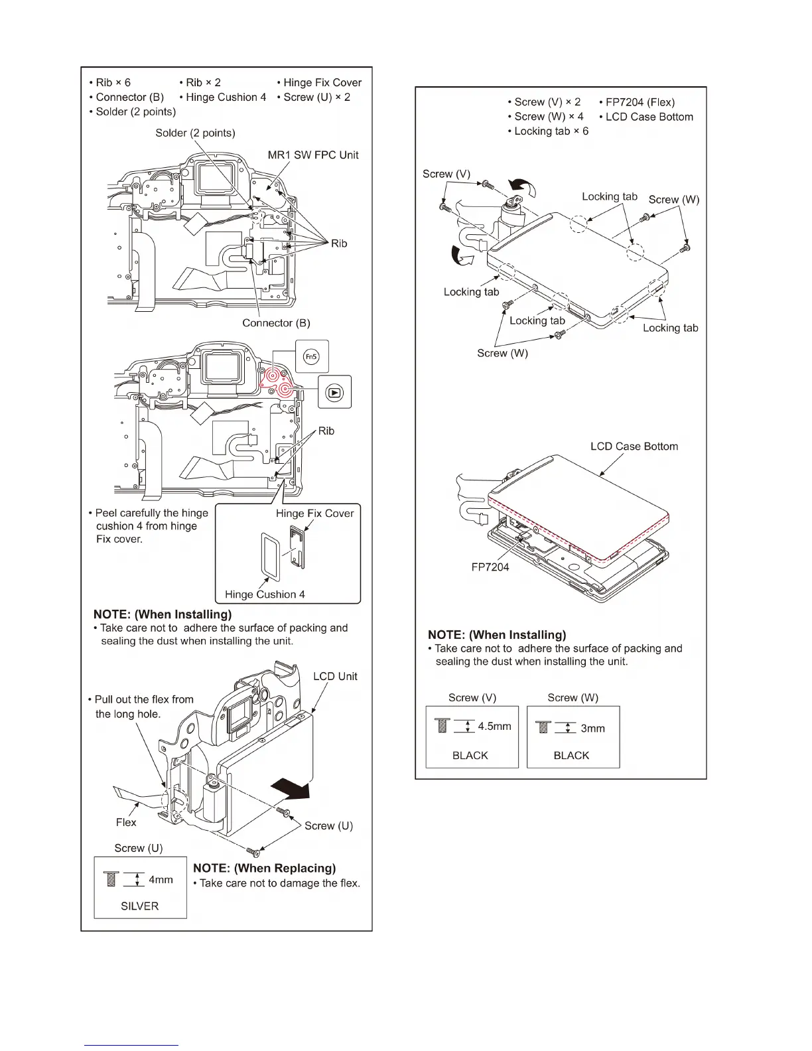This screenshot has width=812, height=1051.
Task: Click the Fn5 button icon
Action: tap(311, 357)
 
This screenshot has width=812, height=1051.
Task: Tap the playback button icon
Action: tap(335, 392)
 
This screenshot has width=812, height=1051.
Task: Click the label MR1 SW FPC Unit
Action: tap(312, 155)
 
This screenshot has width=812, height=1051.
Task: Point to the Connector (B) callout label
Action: tap(276, 323)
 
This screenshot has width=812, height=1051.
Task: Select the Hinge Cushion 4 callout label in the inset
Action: tap(265, 595)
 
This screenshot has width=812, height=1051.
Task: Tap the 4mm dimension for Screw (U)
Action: tap(161, 880)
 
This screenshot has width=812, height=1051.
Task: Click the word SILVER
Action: tap(139, 906)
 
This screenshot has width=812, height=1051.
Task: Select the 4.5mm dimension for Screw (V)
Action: tap(494, 727)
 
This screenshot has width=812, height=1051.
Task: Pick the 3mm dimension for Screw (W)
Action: tap(592, 729)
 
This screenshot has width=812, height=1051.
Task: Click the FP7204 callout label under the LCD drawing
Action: tap(490, 567)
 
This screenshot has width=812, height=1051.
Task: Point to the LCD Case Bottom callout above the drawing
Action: tap(634, 447)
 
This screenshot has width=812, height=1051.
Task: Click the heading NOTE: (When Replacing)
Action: tap(264, 868)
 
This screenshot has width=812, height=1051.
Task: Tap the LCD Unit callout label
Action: tap(335, 676)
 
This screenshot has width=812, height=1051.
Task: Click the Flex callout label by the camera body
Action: tap(126, 822)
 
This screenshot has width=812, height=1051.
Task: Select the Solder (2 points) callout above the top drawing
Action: tap(195, 133)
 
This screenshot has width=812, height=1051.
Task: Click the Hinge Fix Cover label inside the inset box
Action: tap(314, 514)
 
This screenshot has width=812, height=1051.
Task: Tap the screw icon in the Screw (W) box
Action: tap(543, 727)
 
